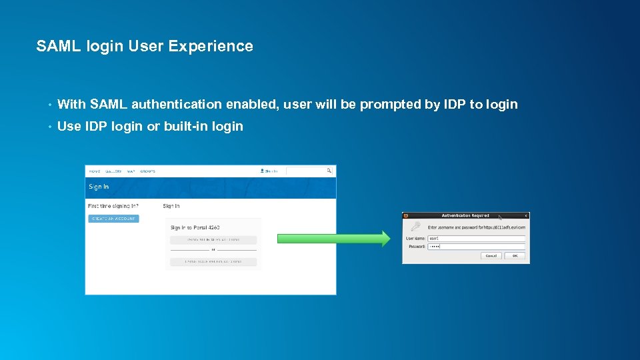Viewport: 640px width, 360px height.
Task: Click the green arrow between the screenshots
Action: coord(333,239)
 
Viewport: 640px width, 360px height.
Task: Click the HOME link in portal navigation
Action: coord(95,171)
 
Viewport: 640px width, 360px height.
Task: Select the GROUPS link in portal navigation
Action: coord(147,171)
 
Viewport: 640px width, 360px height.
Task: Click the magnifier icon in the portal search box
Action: coord(329,171)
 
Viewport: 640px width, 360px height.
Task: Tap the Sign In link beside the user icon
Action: coord(271,171)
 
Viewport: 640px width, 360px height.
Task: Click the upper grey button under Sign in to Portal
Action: coord(213,240)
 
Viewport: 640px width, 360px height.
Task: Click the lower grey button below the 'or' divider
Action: coord(213,262)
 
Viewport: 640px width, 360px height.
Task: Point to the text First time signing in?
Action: coord(113,206)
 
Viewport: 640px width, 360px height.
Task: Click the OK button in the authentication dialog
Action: coord(514,255)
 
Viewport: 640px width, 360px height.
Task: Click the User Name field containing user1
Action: coord(476,238)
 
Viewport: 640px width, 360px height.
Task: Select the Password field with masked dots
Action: coord(476,246)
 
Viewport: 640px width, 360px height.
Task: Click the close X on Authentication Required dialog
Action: coord(525,215)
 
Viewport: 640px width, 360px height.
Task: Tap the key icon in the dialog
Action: coord(415,227)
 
